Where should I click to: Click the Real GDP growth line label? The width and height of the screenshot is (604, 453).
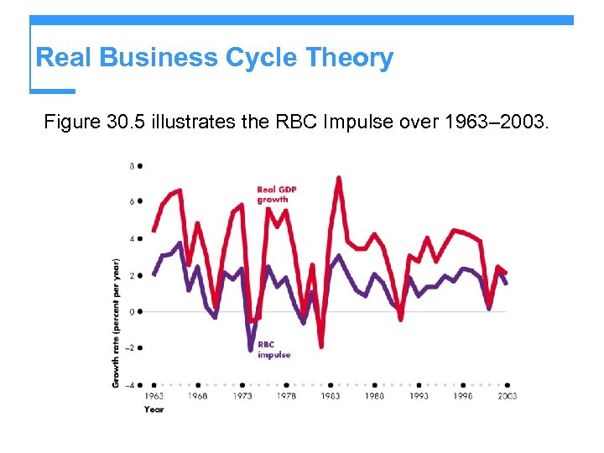coord(277,195)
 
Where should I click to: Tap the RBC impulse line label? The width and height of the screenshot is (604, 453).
coord(273,350)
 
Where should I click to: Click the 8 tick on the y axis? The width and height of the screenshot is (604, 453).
coord(132,166)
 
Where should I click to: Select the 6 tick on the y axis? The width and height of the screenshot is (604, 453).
coord(132,202)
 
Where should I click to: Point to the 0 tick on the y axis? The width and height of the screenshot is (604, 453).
coord(132,311)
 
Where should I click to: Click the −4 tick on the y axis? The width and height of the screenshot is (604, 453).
coord(130,385)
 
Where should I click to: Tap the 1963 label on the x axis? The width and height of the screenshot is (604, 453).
coord(154,396)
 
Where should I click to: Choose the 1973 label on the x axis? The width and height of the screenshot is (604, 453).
coord(242,396)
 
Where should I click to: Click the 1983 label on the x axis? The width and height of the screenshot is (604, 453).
coord(331,396)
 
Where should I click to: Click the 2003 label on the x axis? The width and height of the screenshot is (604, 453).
coord(507,396)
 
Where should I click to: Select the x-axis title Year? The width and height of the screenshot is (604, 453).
coord(154,409)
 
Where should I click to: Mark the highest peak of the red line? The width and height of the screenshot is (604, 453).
coord(338,178)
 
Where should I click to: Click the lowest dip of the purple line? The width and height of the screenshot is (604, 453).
coord(250,349)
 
